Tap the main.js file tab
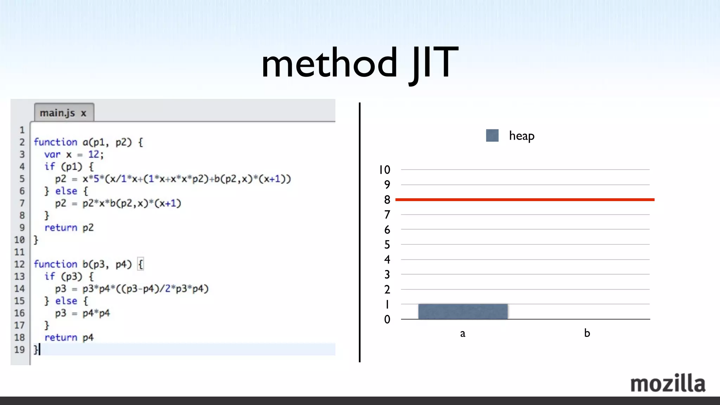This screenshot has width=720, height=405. coord(58,113)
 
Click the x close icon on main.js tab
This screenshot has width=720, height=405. coord(83,113)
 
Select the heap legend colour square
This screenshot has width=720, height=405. coord(492,136)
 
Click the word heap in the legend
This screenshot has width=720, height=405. coord(521,136)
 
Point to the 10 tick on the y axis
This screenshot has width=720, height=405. coord(384,170)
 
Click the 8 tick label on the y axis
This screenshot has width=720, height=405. coord(387,200)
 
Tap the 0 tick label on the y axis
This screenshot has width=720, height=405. coord(387,319)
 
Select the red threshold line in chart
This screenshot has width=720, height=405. coord(525,200)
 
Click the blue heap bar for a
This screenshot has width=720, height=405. coord(463,311)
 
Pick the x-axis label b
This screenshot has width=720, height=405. coord(587,333)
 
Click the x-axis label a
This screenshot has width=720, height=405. coord(463,333)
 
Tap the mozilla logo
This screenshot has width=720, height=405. coord(668,383)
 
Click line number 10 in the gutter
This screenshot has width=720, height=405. coord(19,240)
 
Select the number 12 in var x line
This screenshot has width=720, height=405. coord(94,154)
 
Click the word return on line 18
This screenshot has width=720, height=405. coord(60,337)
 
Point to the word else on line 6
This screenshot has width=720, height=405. coord(66,191)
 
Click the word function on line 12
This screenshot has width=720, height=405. coord(55,264)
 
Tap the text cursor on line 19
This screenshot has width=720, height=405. coord(39,349)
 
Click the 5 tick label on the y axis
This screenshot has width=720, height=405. coord(387,244)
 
